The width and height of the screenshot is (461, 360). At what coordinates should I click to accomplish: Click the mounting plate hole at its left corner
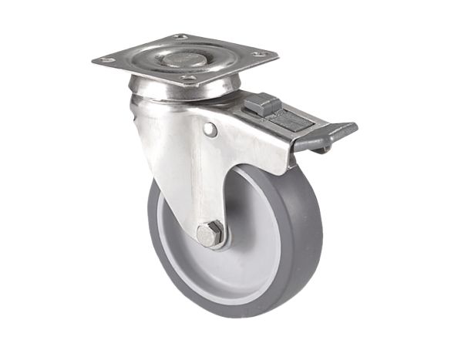107,59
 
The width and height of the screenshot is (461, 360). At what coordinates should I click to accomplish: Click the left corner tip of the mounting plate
93,59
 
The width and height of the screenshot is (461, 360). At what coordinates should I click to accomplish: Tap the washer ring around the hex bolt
202,241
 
